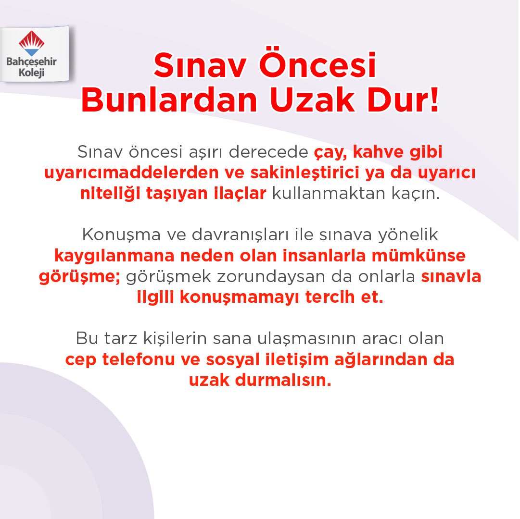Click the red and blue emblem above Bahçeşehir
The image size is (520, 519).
(x=32, y=43)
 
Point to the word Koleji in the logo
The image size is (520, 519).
(x=32, y=72)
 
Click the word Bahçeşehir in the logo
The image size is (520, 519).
(x=32, y=62)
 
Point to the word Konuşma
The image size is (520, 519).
(x=117, y=235)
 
